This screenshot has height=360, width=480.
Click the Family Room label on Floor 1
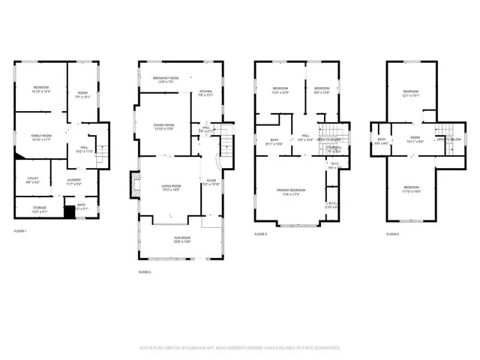click(40, 137)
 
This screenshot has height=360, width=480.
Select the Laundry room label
click(73, 181)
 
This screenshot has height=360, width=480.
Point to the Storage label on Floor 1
click(40, 209)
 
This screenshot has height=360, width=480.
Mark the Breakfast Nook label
click(166, 80)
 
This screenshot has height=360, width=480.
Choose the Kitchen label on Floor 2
click(205, 93)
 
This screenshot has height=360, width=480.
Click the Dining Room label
click(164, 127)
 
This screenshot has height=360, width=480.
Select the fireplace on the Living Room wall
click(135, 184)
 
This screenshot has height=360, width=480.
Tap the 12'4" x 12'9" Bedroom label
click(280, 91)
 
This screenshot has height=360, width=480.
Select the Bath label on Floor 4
click(381, 140)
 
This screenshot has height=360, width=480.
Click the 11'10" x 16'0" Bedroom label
click(412, 189)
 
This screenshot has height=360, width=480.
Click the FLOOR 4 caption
click(393, 234)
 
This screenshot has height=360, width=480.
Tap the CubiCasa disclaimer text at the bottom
click(240, 348)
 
